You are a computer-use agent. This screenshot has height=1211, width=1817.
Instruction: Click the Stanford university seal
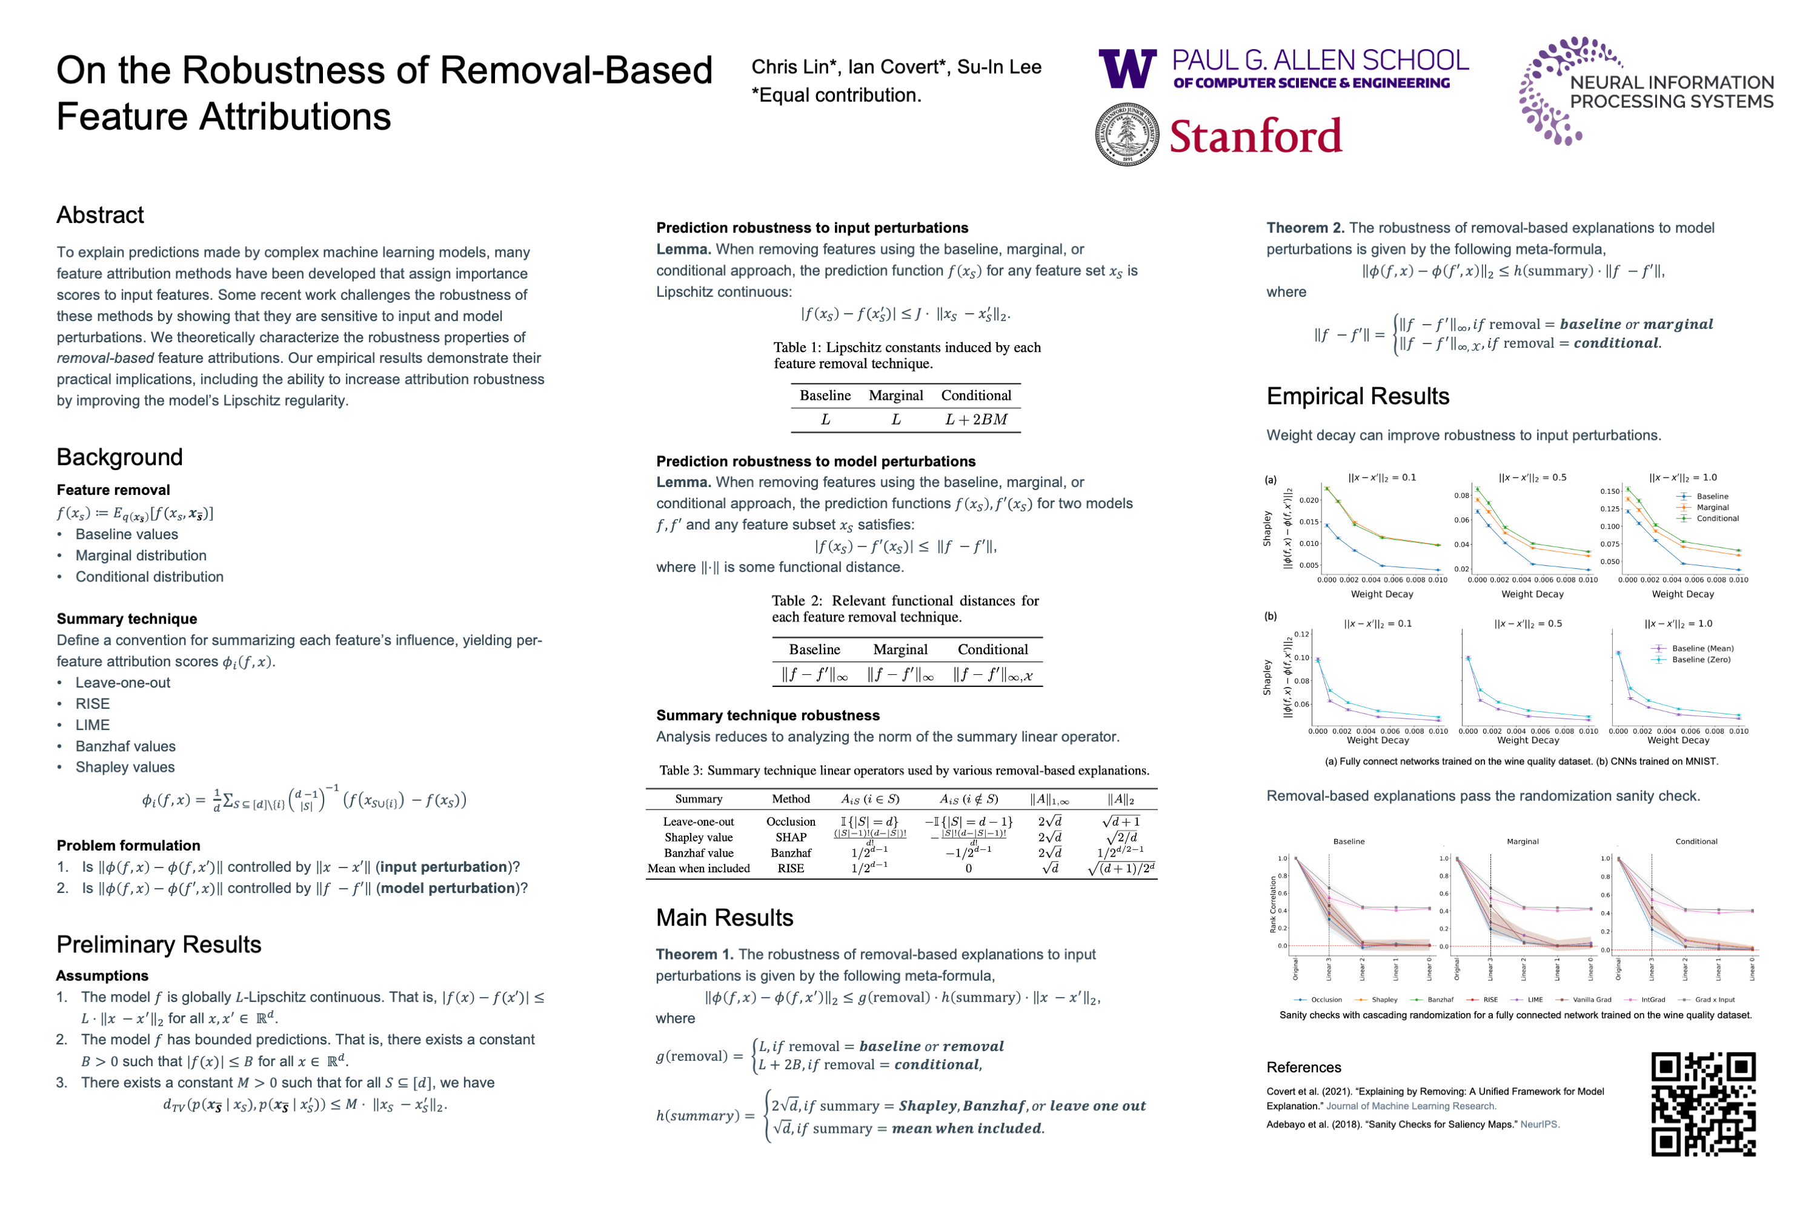point(1127,135)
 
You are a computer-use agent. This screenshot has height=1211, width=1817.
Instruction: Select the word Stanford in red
point(1255,136)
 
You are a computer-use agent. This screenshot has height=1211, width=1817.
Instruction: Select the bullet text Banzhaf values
point(125,746)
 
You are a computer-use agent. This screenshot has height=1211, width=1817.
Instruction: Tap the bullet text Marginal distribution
point(141,556)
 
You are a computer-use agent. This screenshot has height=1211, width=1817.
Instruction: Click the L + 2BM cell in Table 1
point(975,419)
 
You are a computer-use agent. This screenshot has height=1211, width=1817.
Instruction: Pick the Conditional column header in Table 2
point(992,649)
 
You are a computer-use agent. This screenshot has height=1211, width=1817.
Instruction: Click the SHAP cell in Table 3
point(790,837)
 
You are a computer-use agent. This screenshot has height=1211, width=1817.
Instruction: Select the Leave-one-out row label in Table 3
point(698,821)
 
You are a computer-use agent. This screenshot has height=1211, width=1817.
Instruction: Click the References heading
point(1303,1067)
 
